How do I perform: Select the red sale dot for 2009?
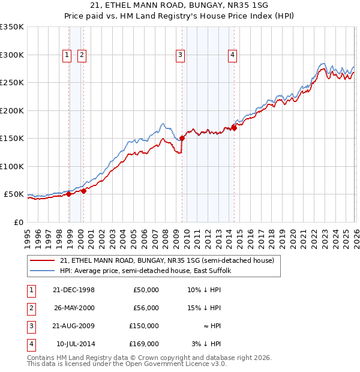182,138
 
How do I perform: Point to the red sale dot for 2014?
234,127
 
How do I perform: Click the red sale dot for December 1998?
69,194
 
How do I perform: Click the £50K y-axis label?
14,194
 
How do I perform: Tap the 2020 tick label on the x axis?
292,233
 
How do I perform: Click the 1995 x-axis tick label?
27,233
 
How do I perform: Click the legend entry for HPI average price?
149,271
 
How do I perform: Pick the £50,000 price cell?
145,290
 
